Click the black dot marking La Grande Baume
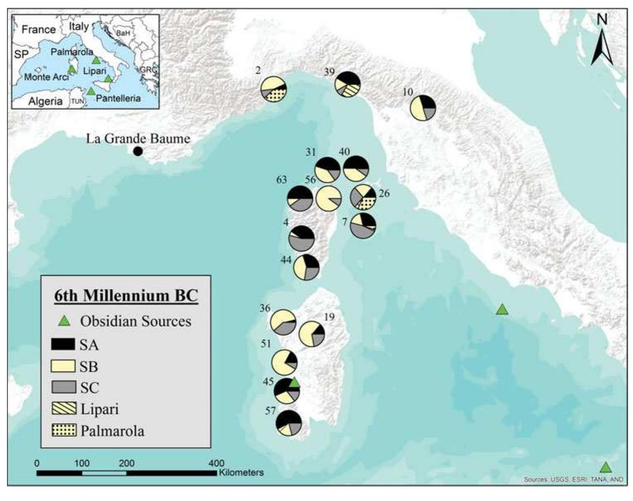138,152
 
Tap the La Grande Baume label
138,138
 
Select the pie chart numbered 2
273,89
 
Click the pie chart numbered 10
423,108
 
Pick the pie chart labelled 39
348,84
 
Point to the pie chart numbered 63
300,198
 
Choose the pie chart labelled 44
306,267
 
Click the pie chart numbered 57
289,423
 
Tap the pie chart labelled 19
312,333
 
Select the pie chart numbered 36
283,322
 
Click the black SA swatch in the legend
63,344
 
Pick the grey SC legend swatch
63,387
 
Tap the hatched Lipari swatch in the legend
63,409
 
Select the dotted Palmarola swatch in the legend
63,430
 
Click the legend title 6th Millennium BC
126,296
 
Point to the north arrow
602,41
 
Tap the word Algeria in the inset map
46,101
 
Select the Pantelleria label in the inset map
118,99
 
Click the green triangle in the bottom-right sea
606,468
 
